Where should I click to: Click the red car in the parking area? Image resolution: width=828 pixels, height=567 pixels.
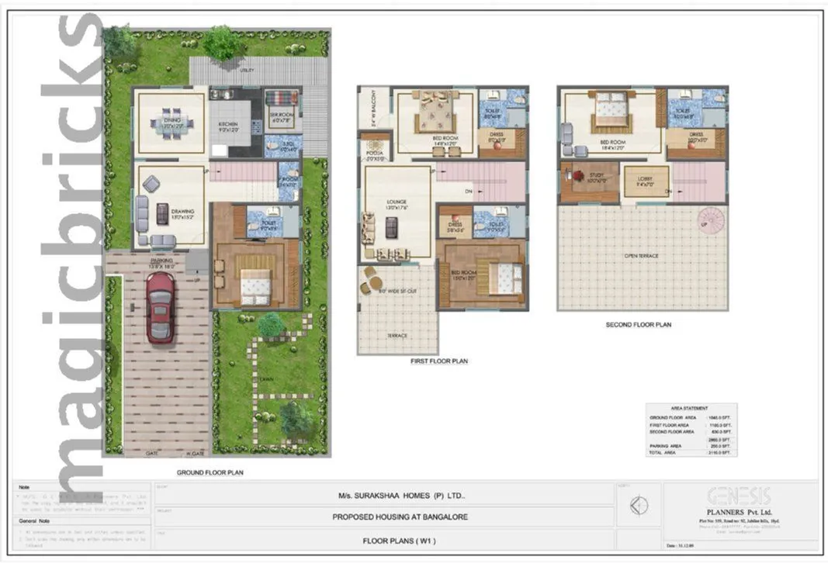pyautogui.click(x=160, y=306)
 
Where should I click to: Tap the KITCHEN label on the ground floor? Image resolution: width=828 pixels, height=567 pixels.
pyautogui.click(x=227, y=124)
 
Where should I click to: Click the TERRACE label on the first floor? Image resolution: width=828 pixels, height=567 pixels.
pyautogui.click(x=397, y=336)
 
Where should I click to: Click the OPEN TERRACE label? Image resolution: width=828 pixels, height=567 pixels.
pyautogui.click(x=642, y=254)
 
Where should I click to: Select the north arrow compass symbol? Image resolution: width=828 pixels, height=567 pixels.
pyautogui.click(x=639, y=506)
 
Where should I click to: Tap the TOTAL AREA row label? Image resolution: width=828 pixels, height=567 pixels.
pyautogui.click(x=664, y=452)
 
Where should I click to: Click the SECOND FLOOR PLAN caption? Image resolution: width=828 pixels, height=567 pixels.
pyautogui.click(x=639, y=325)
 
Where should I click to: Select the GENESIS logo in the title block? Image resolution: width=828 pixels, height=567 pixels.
pyautogui.click(x=739, y=496)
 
